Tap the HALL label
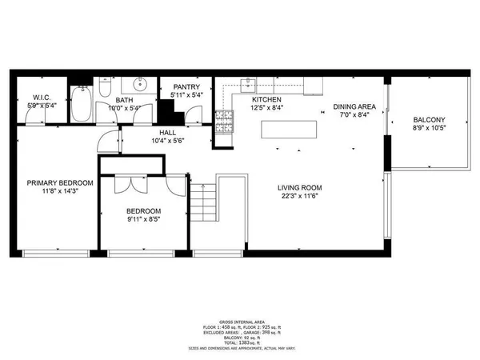tap(167, 132)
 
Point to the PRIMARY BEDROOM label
tap(60, 182)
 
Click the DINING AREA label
tap(354, 106)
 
